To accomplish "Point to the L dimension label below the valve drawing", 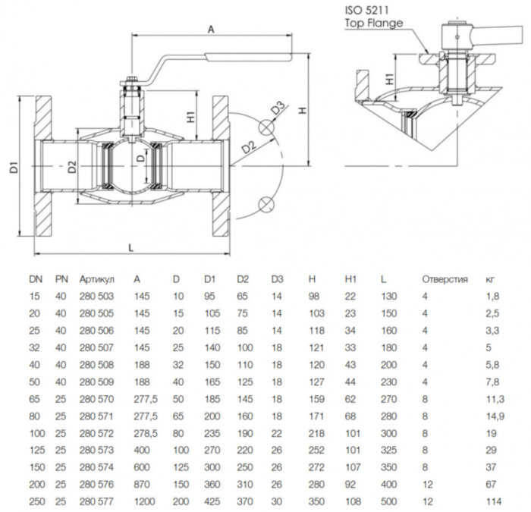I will (131, 247).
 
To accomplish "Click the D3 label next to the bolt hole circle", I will (277, 107).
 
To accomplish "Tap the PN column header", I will (62, 279).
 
